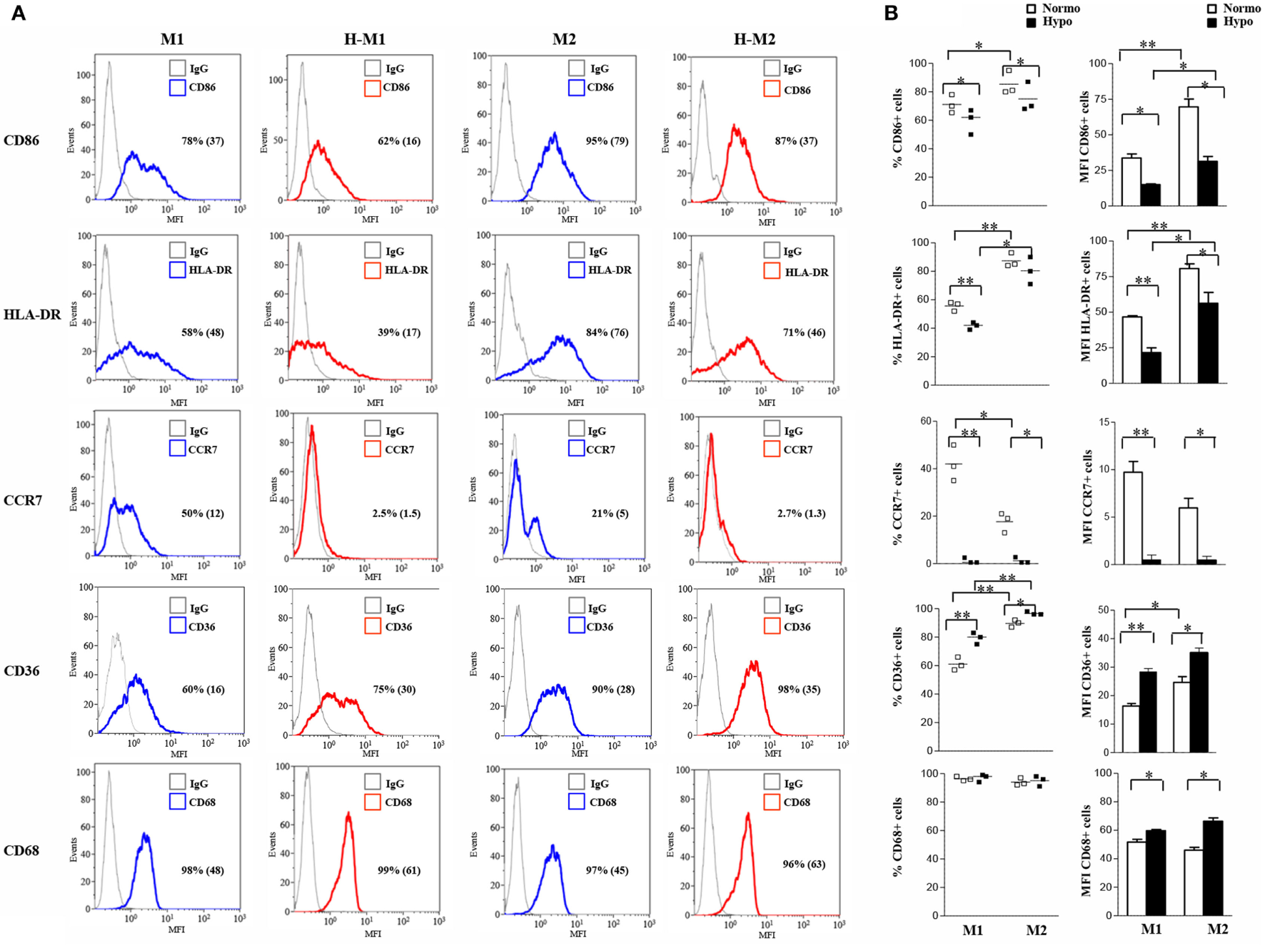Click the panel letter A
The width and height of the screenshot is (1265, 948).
coord(19,13)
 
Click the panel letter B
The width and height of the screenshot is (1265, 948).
coord(891,13)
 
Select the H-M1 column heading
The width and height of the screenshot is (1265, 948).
coord(364,39)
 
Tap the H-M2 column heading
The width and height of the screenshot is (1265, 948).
coord(754,39)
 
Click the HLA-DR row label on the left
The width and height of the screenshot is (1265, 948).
coord(32,315)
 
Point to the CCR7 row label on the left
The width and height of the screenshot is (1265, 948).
coord(23,500)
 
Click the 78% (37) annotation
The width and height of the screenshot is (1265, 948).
coord(203,141)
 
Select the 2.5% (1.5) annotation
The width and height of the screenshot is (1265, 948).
coord(396,514)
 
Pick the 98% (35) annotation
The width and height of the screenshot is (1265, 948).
coord(799,690)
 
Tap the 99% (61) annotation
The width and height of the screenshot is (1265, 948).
coord(398,870)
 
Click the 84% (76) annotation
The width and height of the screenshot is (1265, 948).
coord(607,332)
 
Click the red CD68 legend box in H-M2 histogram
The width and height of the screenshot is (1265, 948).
coord(772,802)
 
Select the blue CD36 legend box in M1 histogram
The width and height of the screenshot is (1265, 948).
coord(178,627)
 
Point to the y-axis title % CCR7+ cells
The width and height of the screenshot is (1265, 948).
coord(897,504)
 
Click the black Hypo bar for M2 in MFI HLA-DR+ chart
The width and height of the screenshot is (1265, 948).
coord(1208,344)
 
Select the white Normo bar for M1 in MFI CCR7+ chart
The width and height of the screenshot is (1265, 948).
coord(1133,518)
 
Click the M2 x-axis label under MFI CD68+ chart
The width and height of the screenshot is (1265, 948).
coord(1217,929)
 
